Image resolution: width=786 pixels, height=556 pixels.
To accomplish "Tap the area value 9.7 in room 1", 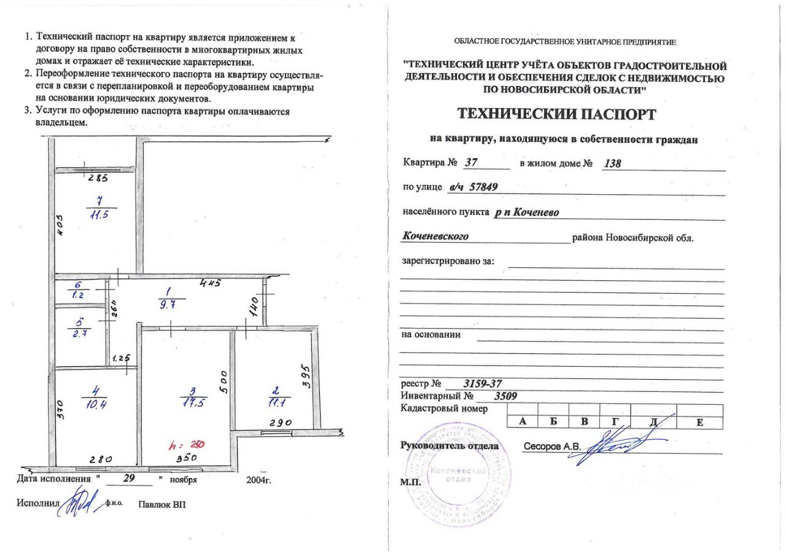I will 166,304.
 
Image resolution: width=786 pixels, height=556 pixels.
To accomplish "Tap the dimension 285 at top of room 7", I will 98,179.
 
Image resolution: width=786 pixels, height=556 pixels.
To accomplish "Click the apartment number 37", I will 472,163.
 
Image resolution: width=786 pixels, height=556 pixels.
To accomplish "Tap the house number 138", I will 613,164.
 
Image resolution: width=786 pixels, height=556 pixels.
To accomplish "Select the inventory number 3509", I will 506,396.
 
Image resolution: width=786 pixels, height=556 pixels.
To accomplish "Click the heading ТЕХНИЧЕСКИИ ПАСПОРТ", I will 557,114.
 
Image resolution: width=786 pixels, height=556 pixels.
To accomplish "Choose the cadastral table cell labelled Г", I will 615,421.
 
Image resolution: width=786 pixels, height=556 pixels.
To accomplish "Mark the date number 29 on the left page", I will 128,477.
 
